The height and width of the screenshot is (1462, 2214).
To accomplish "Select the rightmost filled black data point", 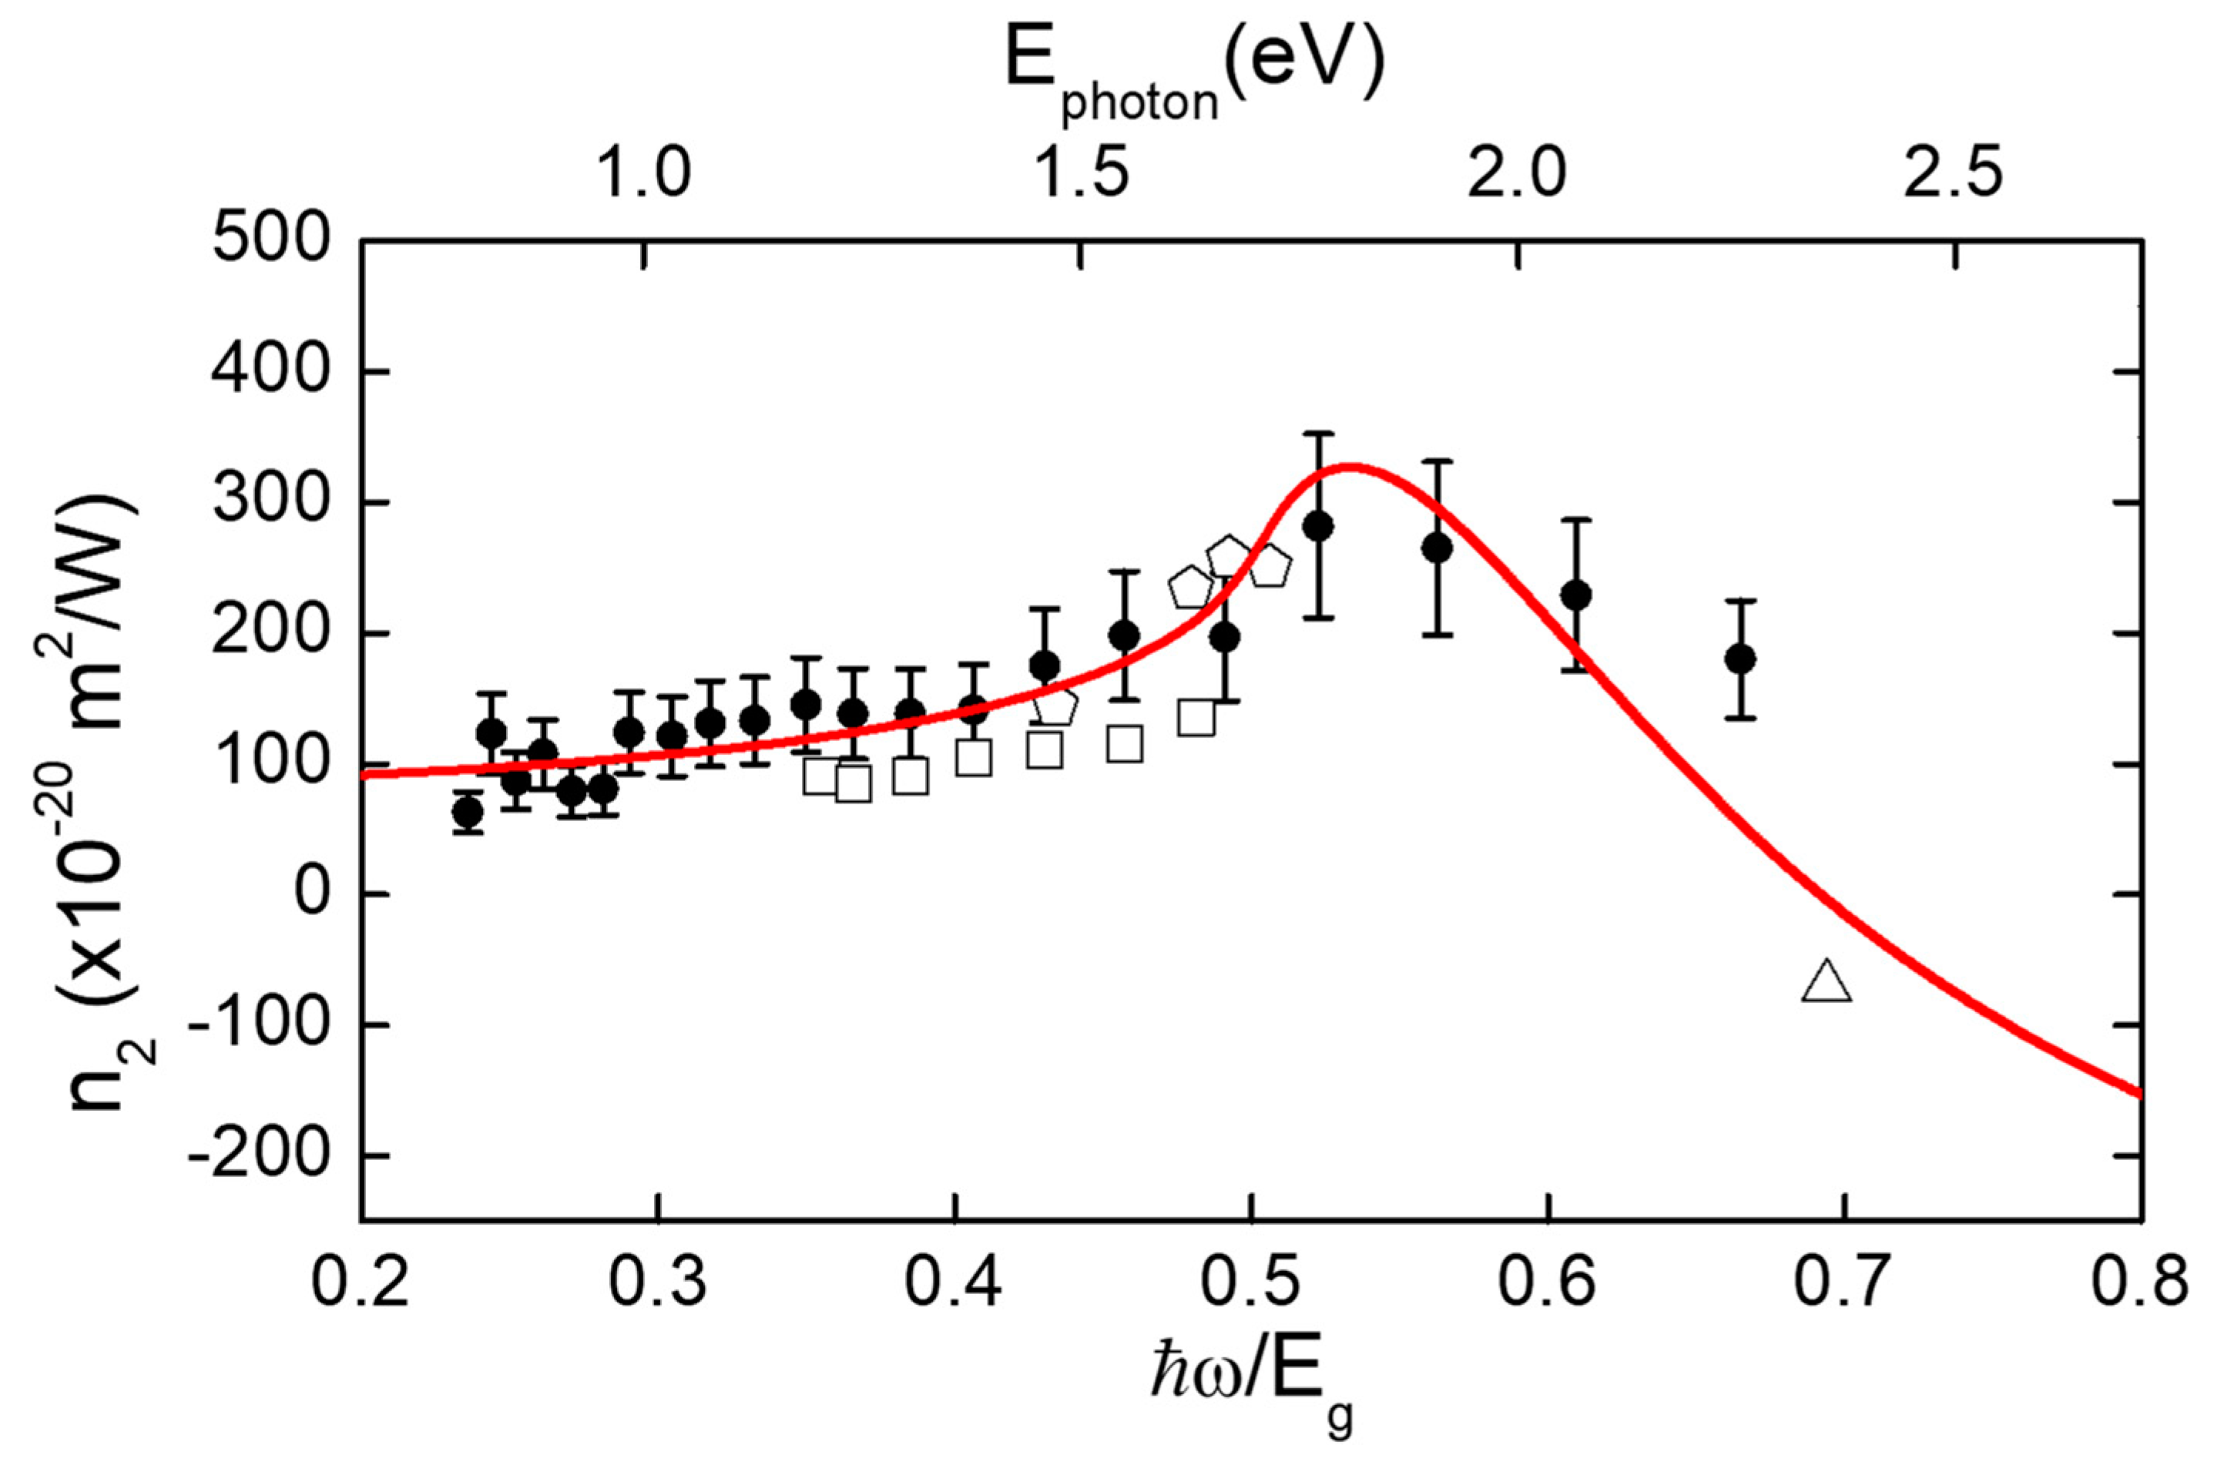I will tap(1739, 659).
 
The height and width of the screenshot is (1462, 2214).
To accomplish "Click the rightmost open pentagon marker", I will tap(1269, 566).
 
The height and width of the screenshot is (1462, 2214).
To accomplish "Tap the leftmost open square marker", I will tap(820, 776).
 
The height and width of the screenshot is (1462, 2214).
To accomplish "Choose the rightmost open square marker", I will tap(1197, 718).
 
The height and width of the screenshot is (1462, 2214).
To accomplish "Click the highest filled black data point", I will tap(1317, 527).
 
